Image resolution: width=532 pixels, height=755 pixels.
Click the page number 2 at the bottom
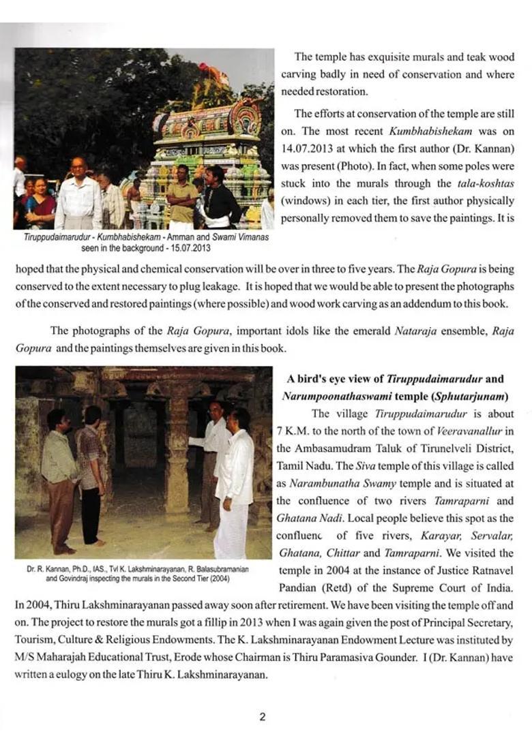coord(262,716)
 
